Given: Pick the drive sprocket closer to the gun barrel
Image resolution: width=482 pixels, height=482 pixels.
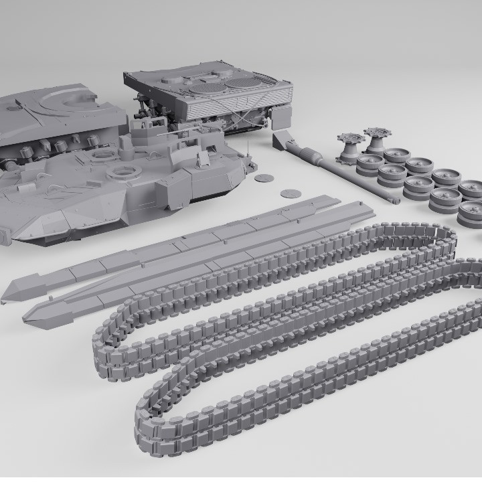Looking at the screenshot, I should (350, 148).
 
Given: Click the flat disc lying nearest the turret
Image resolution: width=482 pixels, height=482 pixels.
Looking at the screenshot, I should (265, 178).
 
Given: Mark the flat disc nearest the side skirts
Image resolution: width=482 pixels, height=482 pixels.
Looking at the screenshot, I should (290, 193).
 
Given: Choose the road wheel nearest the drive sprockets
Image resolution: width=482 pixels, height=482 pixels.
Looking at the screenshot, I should (369, 164).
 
